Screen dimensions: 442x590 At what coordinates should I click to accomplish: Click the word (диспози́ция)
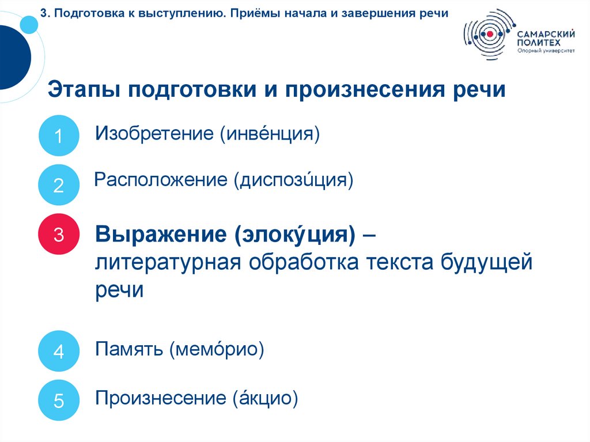click(293, 180)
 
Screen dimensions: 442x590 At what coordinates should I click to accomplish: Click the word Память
click(130, 349)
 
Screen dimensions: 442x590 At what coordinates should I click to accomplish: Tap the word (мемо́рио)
click(217, 349)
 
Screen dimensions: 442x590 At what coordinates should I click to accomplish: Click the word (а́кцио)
click(265, 398)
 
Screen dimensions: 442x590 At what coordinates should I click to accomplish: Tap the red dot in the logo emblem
click(490, 34)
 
